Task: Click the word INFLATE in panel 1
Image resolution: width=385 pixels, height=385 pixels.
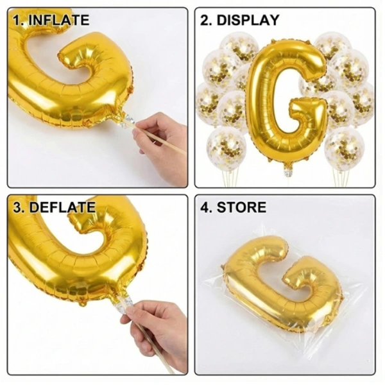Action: coord(58,20)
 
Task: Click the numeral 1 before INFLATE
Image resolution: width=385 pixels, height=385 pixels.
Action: coord(15,20)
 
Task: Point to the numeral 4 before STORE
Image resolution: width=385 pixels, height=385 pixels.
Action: coord(205,207)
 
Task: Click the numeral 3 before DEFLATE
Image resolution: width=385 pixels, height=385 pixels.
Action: coord(15,207)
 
